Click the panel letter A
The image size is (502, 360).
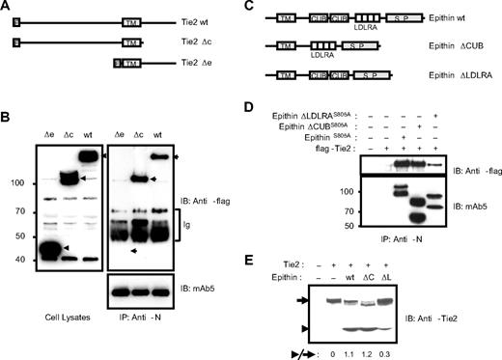pos(7,8)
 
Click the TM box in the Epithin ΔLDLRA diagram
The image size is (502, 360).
pos(286,72)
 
